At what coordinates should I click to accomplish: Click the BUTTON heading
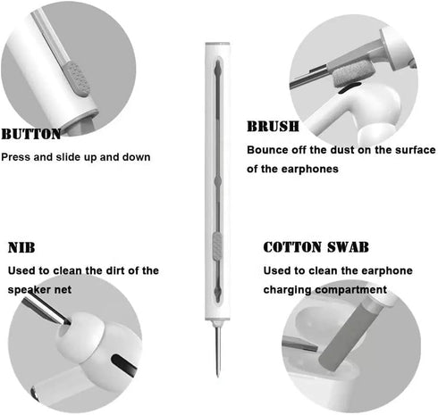coord(31,134)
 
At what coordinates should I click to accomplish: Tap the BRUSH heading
coord(273,127)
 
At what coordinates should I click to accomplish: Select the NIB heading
coord(21,247)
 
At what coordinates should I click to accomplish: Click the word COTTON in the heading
coord(292,247)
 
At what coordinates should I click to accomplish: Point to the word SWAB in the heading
coord(348,247)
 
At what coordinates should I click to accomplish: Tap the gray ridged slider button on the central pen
coord(217,246)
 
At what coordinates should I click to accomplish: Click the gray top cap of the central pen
coord(217,44)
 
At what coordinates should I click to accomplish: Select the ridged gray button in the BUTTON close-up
coord(76,79)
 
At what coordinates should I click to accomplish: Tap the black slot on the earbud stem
coord(123,363)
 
